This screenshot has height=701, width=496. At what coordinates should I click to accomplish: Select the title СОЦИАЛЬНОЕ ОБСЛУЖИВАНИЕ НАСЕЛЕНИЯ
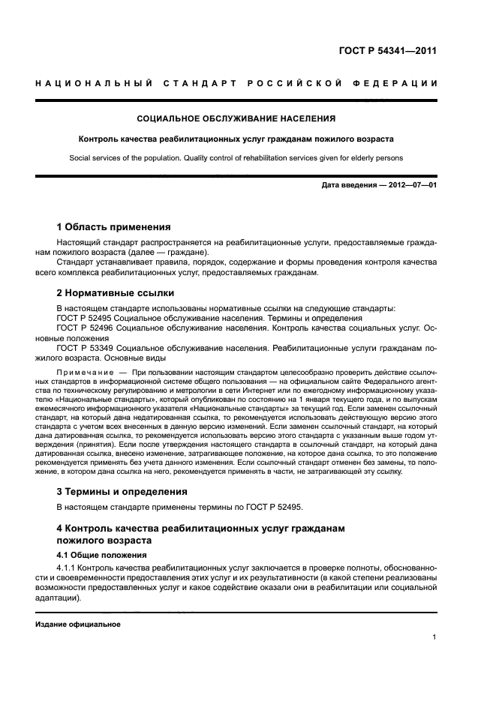236,118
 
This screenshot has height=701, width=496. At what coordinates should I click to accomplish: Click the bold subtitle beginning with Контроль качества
236,139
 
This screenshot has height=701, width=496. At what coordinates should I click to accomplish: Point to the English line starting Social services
236,158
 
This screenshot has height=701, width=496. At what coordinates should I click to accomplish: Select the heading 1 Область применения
114,226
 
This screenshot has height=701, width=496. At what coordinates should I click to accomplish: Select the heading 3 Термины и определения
122,492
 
